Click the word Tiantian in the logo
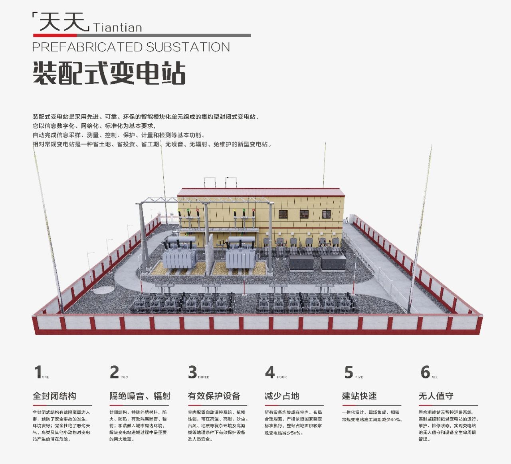[117, 28]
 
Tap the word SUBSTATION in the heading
[188, 47]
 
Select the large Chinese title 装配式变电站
[109, 73]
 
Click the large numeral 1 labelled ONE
[38, 372]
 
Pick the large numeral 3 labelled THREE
[192, 372]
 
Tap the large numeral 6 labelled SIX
[425, 372]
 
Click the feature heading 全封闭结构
[55, 396]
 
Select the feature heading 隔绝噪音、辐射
[140, 396]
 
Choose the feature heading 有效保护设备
[214, 396]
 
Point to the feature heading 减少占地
[282, 396]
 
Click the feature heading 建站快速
[359, 396]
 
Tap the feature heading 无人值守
[436, 396]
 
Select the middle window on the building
[304, 214]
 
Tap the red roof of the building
[261, 192]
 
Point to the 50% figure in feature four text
[295, 433]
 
